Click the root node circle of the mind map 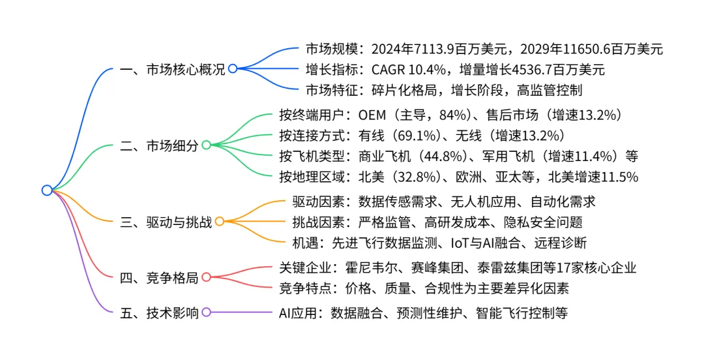pos(46,190)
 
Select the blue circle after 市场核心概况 pos(232,68)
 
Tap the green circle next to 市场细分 pos(206,145)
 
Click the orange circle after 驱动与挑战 pos(220,222)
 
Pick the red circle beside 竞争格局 pos(206,277)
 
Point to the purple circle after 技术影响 pos(206,312)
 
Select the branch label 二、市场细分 pos(159,145)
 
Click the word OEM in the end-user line pos(372,115)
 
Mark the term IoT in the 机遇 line pos(461,243)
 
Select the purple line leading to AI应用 pos(241,312)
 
